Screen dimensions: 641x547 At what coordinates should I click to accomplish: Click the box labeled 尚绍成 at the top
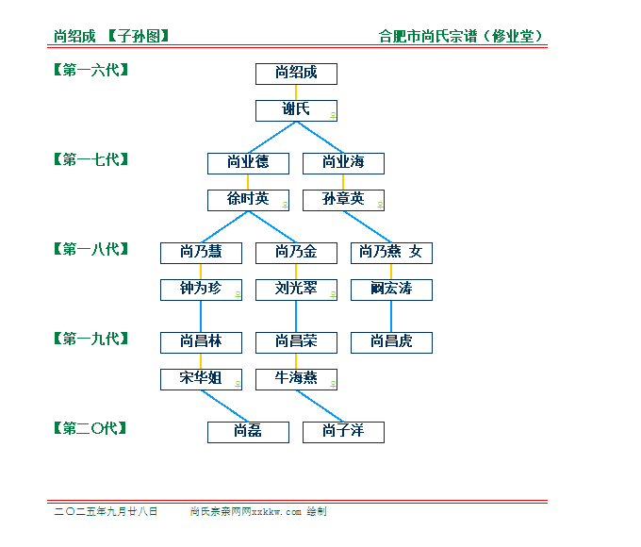pyautogui.click(x=296, y=75)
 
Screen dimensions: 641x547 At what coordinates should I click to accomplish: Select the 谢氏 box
pyautogui.click(x=296, y=111)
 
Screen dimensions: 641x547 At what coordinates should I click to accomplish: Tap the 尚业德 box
pyautogui.click(x=248, y=164)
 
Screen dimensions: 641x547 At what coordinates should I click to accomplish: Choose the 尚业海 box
pyautogui.click(x=343, y=164)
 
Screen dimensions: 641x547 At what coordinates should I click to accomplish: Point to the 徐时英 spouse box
pyautogui.click(x=248, y=201)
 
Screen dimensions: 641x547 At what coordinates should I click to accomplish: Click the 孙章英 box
pyautogui.click(x=343, y=201)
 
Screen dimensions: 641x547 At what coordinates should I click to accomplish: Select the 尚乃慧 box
pyautogui.click(x=201, y=254)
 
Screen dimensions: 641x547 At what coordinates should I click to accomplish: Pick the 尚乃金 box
pyautogui.click(x=296, y=254)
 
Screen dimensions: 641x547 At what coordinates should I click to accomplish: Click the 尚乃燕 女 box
pyautogui.click(x=391, y=254)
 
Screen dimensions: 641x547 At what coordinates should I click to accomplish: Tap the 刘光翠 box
pyautogui.click(x=296, y=290)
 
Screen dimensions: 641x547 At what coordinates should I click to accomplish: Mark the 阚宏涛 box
pyautogui.click(x=391, y=290)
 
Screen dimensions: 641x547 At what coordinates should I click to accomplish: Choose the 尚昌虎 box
pyautogui.click(x=391, y=343)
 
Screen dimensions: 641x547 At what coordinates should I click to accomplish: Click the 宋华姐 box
pyautogui.click(x=201, y=380)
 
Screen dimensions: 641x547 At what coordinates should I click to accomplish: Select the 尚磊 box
pyautogui.click(x=248, y=433)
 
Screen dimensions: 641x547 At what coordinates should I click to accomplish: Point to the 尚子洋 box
pyautogui.click(x=343, y=433)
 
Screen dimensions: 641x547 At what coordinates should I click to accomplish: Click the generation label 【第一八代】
pyautogui.click(x=91, y=249)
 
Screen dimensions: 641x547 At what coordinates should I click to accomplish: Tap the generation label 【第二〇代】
pyautogui.click(x=90, y=428)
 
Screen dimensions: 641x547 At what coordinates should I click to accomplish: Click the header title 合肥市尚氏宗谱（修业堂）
pyautogui.click(x=460, y=36)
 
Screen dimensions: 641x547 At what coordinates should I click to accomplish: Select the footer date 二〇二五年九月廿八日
pyautogui.click(x=106, y=511)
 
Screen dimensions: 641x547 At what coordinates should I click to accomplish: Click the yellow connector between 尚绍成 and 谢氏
pyautogui.click(x=296, y=92)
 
